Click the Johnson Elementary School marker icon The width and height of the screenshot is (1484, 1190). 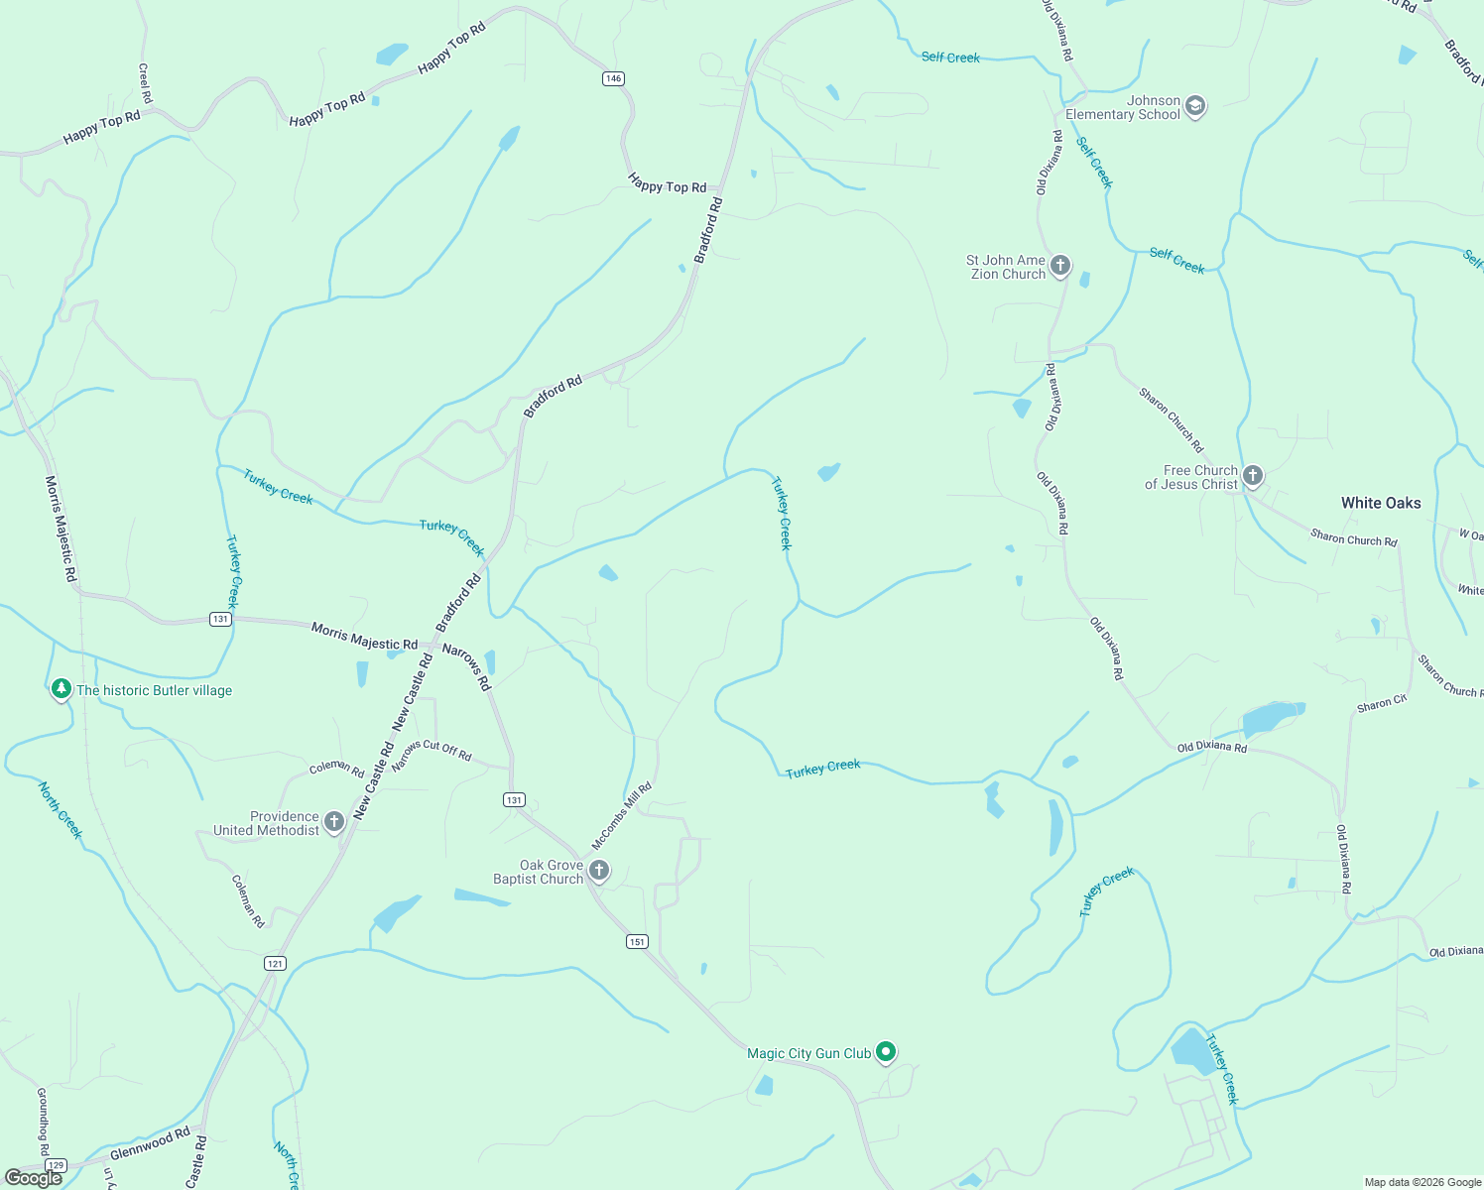tap(1195, 106)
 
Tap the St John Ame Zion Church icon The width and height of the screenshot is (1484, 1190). tap(1060, 266)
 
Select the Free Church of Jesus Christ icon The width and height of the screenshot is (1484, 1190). tap(1253, 476)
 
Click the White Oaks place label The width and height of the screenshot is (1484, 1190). tap(1381, 503)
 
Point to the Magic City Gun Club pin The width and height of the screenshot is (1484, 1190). tap(886, 1052)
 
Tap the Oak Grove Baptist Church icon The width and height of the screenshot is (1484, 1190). tap(599, 871)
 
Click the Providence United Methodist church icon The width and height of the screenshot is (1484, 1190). tap(334, 822)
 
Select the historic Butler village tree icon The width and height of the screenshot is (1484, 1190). tap(62, 688)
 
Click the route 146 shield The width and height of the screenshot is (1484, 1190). tap(613, 78)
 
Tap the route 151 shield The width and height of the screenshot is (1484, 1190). tap(637, 942)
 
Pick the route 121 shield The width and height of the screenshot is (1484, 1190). tap(275, 963)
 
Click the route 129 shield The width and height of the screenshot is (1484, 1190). tap(56, 1165)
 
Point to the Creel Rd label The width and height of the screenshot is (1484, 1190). tap(145, 83)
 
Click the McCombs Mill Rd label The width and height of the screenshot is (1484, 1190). tap(622, 816)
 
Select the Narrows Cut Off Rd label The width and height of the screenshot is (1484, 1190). tap(432, 755)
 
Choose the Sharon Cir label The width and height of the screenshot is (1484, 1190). tap(1382, 704)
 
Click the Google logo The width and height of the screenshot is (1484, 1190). tap(34, 1177)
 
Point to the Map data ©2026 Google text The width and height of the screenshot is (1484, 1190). tap(1422, 1182)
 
